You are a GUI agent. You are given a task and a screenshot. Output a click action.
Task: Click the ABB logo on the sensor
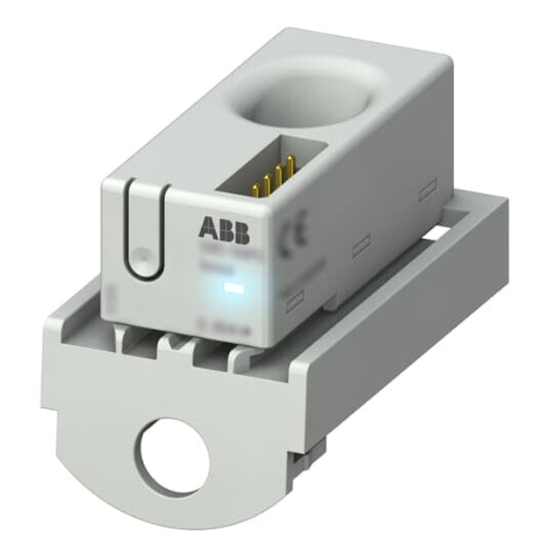(223, 232)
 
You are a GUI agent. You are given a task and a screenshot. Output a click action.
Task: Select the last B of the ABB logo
(240, 232)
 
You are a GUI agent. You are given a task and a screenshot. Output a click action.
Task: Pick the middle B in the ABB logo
(224, 232)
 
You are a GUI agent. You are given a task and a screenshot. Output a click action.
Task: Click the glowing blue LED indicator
(234, 286)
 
